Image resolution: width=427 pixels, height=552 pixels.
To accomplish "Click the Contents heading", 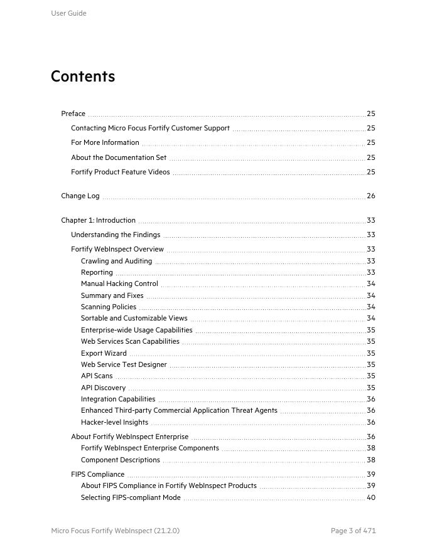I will point(83,77).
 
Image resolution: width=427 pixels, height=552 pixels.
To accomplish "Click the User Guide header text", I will point(68,13).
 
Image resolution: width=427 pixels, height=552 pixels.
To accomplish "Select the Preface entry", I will point(73,114).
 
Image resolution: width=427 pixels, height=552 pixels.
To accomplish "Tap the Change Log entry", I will point(80,196).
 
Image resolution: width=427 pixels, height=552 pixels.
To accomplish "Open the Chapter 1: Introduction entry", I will point(98,220).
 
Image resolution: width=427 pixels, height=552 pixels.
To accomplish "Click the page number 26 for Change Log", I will point(370,196).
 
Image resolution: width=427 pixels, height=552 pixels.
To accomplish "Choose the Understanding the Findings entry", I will point(116,235).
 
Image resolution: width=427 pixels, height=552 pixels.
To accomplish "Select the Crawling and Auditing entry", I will point(116,261).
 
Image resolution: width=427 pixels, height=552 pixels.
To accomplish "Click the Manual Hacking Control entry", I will point(119,284).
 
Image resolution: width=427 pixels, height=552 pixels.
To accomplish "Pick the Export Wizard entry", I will point(104,353).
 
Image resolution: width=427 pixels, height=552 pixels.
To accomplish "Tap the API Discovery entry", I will point(103,388).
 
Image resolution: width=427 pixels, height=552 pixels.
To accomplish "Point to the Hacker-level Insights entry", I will point(114,422).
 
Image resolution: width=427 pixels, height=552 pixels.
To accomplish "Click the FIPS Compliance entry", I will point(97,474).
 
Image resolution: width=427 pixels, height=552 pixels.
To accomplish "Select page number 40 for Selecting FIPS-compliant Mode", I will point(370,497).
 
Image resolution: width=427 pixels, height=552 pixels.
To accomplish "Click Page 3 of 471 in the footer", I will point(353,531).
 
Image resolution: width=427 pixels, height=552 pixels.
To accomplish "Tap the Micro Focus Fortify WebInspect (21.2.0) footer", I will point(115,531).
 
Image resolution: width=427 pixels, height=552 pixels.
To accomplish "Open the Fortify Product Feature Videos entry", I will point(120,172).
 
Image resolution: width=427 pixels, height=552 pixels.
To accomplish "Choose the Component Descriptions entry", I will point(121,460).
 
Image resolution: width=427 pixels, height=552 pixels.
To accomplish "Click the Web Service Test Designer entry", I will point(124,364).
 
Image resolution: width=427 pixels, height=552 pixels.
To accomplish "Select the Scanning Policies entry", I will point(108,307).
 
